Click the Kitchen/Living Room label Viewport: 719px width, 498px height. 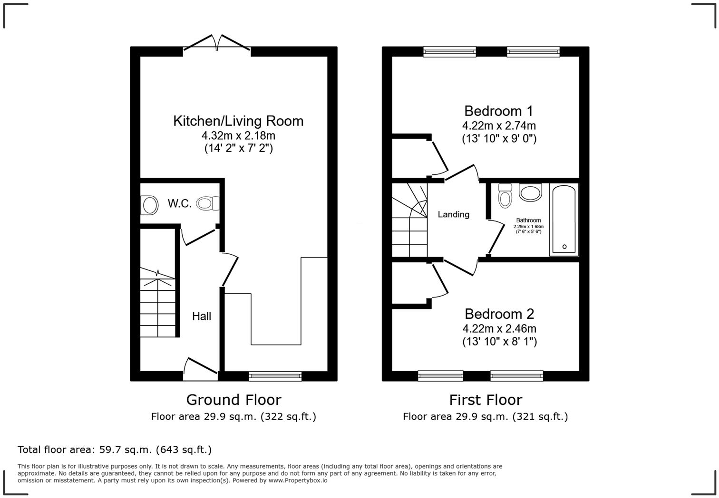[238, 121]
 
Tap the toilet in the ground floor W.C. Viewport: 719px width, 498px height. [208, 204]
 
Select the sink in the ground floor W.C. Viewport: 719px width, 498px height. [149, 206]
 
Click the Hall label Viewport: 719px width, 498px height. [202, 316]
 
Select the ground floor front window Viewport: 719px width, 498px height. [275, 376]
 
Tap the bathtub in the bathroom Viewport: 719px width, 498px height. [564, 219]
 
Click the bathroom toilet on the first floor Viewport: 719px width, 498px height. [505, 196]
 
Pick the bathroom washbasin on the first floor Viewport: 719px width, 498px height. [530, 192]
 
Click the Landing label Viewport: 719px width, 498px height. [453, 214]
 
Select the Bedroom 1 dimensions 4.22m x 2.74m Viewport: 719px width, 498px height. [499, 126]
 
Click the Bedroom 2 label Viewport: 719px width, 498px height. [499, 314]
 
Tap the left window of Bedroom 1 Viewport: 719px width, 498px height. [449, 51]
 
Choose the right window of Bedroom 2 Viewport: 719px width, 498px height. [516, 376]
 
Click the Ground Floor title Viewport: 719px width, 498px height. [233, 400]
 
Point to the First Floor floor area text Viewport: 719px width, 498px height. [485, 417]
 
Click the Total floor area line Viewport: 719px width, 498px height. [115, 450]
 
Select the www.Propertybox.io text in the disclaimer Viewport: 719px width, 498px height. [298, 480]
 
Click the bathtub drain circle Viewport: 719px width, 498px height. [564, 247]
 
